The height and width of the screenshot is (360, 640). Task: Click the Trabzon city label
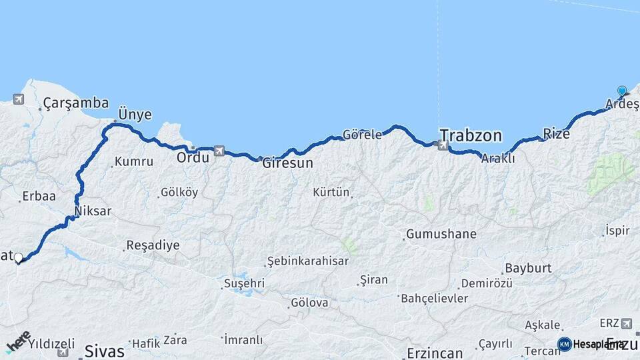point(471,135)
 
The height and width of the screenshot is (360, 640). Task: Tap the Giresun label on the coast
point(287,162)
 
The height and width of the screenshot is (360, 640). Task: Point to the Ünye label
point(135,115)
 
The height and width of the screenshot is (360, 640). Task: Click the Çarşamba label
point(75,103)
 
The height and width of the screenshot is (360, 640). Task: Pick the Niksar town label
point(93,211)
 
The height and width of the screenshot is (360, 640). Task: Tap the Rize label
point(557,133)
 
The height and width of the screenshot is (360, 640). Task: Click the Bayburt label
point(528,269)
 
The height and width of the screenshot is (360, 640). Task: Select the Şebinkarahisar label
point(307,261)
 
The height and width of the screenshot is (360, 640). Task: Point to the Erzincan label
point(435,353)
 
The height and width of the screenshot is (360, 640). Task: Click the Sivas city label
point(105,351)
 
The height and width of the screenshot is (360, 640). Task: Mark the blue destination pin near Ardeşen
point(622,91)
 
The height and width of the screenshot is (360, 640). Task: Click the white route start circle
point(19,257)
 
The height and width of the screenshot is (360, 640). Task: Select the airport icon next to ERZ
point(626,323)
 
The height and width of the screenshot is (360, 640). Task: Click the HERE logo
point(18,342)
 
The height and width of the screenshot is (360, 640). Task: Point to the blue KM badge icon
point(564,344)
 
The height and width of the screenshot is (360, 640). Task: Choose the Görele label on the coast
point(362,135)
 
